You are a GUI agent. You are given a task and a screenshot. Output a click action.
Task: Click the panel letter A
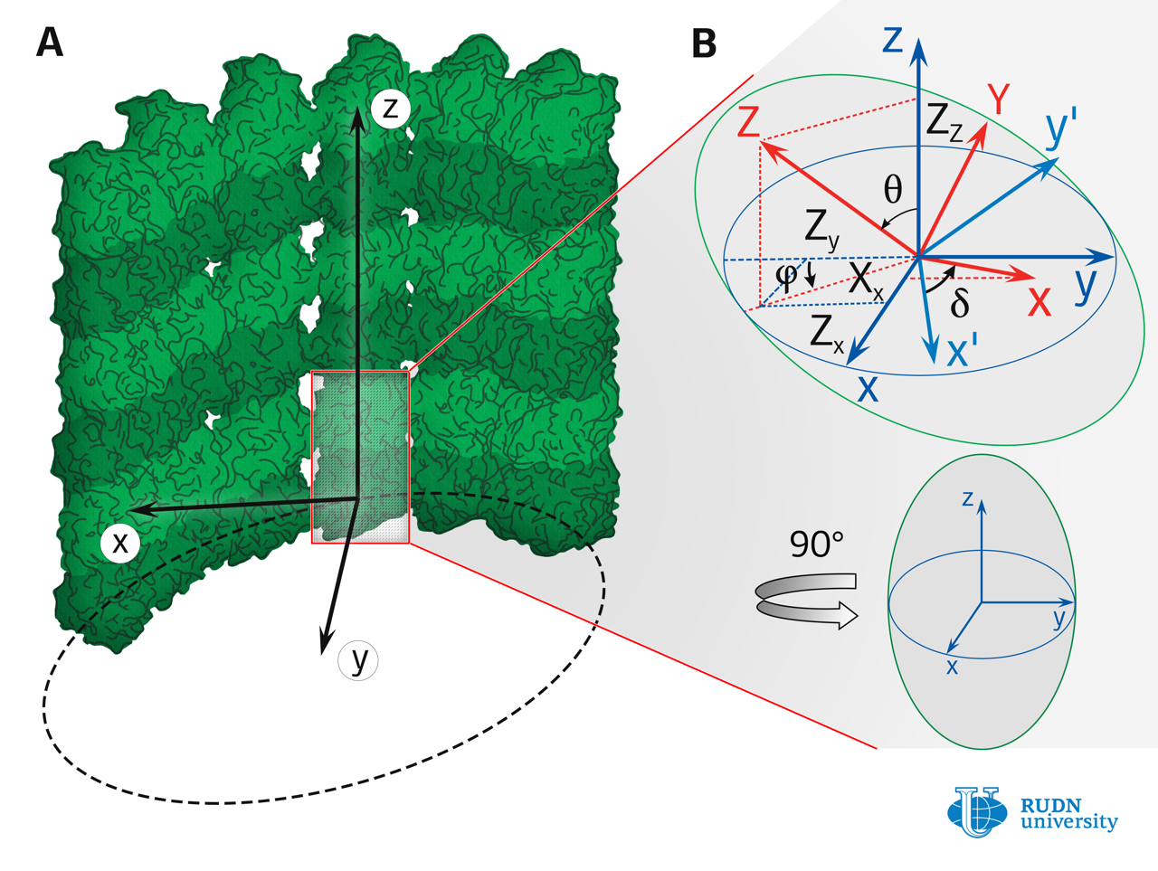[50, 42]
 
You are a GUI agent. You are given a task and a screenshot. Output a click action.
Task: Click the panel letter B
[704, 43]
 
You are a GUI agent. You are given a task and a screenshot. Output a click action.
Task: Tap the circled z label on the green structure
[391, 108]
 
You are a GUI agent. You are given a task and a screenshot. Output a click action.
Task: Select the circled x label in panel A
[119, 542]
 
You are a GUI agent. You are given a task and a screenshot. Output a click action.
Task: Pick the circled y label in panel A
[359, 659]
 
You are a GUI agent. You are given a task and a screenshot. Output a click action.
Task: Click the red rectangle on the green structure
[360, 457]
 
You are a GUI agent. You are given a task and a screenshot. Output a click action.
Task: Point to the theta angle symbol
[893, 190]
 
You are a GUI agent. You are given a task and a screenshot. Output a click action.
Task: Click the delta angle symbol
[960, 303]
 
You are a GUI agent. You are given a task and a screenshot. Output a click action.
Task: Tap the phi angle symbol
[786, 275]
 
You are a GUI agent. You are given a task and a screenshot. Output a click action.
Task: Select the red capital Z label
[748, 122]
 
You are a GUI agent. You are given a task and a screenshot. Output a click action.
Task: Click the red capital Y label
[999, 99]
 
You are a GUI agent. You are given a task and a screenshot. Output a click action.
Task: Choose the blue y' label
[1061, 129]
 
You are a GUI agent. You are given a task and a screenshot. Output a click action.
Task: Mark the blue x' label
[962, 350]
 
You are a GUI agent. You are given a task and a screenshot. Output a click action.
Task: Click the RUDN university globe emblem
[977, 810]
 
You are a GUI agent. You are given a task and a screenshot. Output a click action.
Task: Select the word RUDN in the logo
[1050, 805]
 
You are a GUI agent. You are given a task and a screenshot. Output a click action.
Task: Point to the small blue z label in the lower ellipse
[968, 498]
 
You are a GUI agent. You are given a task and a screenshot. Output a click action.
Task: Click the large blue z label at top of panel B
[893, 40]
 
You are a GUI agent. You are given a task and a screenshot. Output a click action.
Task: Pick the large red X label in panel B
[1039, 301]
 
